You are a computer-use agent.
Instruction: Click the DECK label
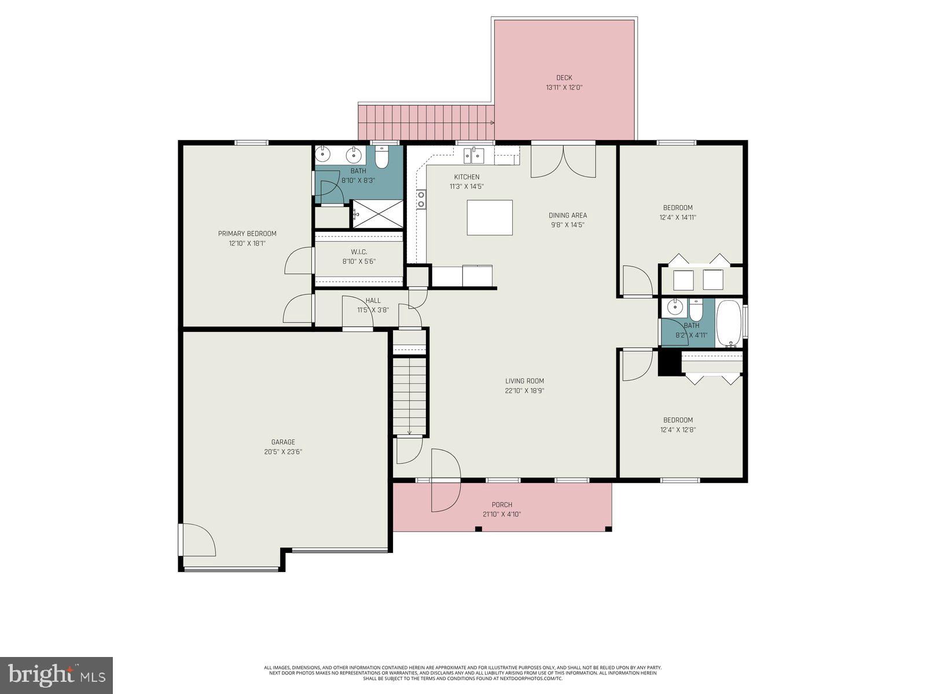[x=564, y=77]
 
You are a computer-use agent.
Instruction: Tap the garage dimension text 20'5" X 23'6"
[x=283, y=452]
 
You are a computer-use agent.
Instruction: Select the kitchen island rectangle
[x=490, y=217]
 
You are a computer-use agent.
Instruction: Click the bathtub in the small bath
[x=729, y=323]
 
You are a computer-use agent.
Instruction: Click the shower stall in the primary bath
[x=377, y=214]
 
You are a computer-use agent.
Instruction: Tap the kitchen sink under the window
[x=473, y=155]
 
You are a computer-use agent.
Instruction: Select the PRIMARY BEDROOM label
[x=247, y=234]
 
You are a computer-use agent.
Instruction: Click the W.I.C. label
[x=359, y=252]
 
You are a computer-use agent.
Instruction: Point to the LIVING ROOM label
[x=524, y=381]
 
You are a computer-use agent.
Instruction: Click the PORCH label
[x=502, y=504]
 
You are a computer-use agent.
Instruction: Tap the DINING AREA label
[x=567, y=215]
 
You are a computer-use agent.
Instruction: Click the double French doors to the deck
[x=563, y=161]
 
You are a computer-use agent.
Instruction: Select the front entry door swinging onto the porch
[x=446, y=480]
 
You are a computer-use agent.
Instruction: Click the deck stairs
[x=426, y=122]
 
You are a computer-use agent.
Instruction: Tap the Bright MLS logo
[x=56, y=675]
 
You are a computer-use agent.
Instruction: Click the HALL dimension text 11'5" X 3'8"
[x=373, y=310]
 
